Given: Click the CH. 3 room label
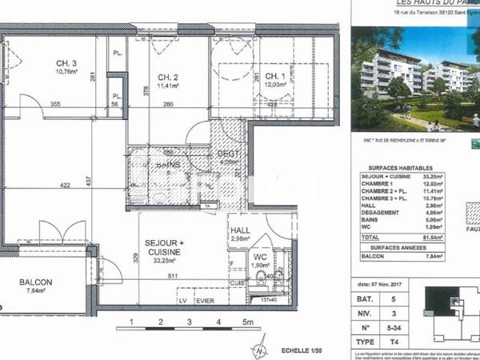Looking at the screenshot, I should tap(66, 63).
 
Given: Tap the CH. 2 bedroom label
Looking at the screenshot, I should tap(166, 77).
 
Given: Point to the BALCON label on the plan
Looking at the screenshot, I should tap(38, 282).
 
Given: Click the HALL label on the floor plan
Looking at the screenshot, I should tap(241, 230).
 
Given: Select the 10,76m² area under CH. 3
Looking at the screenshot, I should tap(67, 71).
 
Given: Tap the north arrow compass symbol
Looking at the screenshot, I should tap(260, 350).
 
